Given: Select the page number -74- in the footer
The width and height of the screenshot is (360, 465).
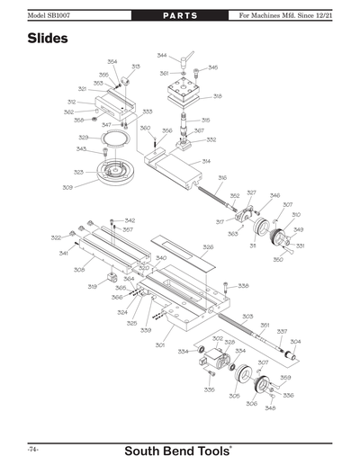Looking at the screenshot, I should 32,448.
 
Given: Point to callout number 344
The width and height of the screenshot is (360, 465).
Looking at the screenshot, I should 162,55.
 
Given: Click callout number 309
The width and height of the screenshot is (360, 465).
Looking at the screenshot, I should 67,187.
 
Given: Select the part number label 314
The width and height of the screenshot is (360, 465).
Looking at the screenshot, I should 207,161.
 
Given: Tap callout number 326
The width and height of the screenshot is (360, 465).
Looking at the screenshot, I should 208,246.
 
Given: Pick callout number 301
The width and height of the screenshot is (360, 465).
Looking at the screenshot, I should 160,344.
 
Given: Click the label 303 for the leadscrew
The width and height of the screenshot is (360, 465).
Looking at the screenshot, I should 247,316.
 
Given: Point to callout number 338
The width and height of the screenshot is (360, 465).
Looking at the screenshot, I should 243,286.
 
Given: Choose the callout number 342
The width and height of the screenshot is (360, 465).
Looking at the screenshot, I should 130,220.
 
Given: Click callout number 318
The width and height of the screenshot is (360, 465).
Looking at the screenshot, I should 217,96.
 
